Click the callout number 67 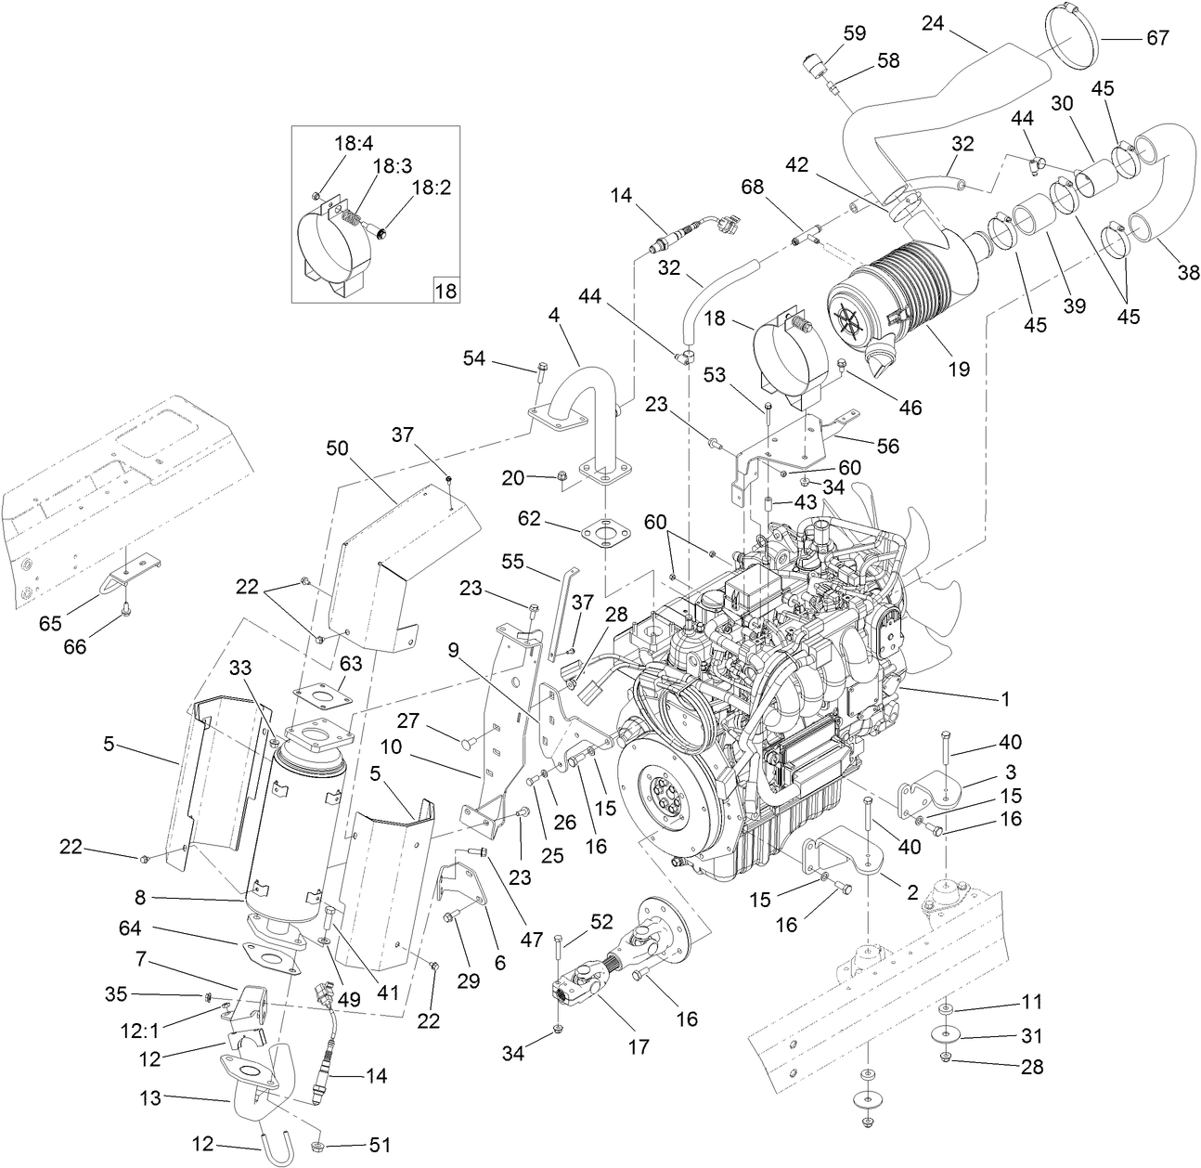[1156, 38]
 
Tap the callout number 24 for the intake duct [932, 23]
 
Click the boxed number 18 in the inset [446, 290]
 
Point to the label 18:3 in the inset [393, 164]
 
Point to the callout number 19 [959, 369]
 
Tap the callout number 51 [379, 1146]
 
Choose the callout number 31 [1031, 1035]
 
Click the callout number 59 [854, 33]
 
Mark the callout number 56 [887, 446]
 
